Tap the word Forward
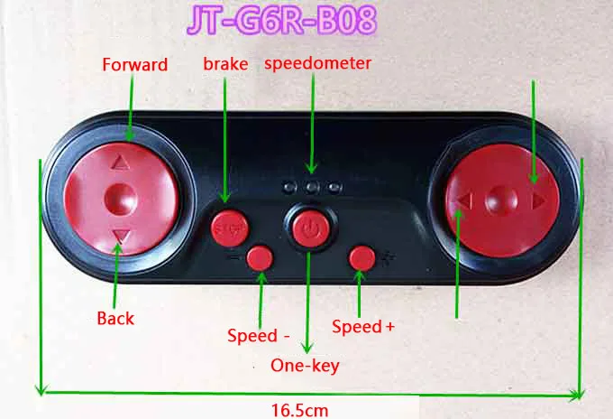click(134, 65)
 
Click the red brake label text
click(224, 64)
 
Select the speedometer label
click(317, 63)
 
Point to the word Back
click(114, 318)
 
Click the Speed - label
click(259, 336)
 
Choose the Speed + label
click(363, 327)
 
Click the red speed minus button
click(260, 258)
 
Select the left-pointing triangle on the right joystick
click(465, 200)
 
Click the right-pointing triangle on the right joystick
click(538, 201)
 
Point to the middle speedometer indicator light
click(311, 187)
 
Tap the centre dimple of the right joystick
click(501, 199)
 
